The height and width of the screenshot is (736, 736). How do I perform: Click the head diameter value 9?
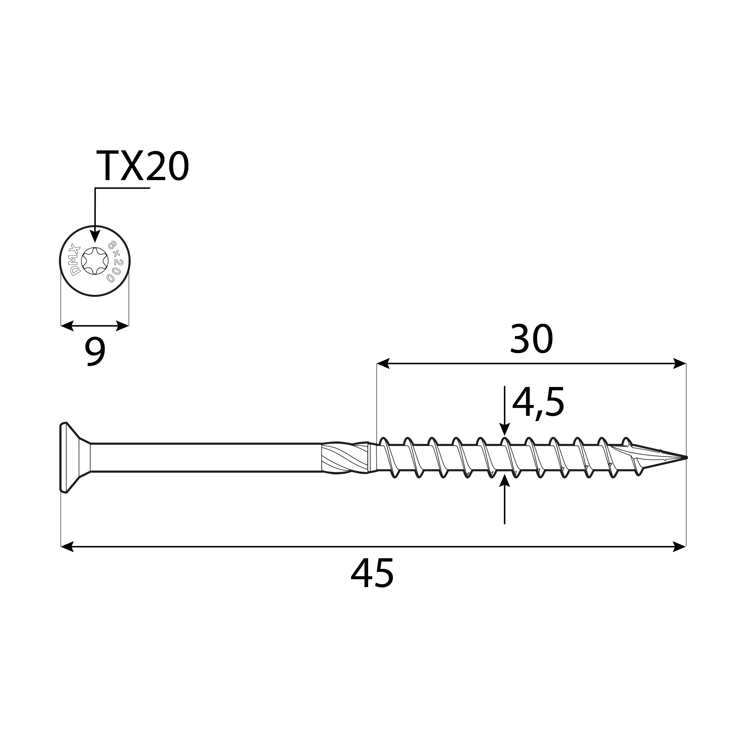pos(94,352)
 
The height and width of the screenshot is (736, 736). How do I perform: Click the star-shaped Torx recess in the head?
pos(95,261)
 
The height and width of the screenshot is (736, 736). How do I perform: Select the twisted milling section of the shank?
pos(345,458)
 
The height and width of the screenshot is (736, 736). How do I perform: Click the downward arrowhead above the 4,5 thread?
pos(504,430)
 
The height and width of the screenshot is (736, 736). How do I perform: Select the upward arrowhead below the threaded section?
pos(504,481)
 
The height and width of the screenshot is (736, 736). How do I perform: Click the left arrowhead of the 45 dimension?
pos(67,546)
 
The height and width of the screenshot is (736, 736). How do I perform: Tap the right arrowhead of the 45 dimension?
pos(679,546)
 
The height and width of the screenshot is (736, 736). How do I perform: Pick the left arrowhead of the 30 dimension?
pos(383,363)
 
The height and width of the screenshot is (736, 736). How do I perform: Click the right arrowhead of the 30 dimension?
pos(679,363)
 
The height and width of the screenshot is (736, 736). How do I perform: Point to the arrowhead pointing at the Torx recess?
pos(95,236)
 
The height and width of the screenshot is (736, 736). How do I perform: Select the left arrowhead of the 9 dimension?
pos(67,326)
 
